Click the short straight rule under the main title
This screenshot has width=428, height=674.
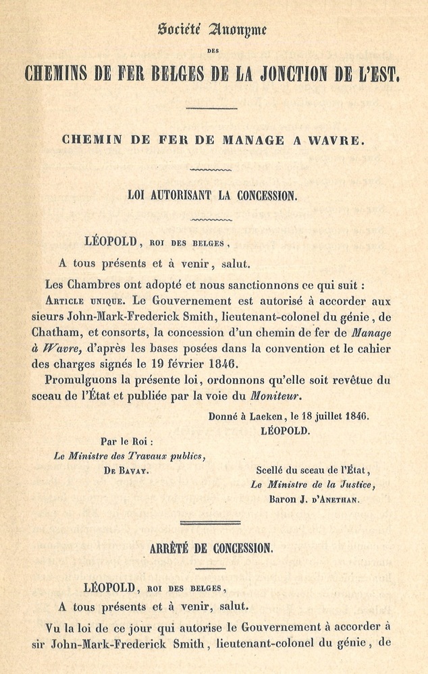click(211, 108)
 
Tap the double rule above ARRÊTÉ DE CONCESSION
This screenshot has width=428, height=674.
click(211, 522)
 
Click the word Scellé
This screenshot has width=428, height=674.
click(271, 470)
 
